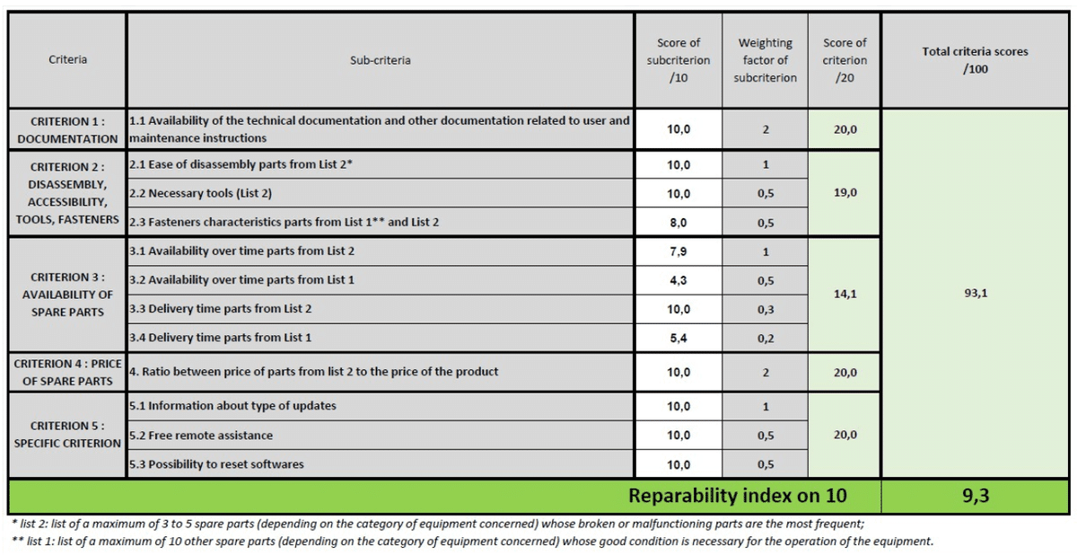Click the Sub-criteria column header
(x=381, y=60)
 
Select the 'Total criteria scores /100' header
(x=975, y=60)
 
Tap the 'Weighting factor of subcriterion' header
(x=765, y=60)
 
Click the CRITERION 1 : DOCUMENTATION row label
(x=67, y=130)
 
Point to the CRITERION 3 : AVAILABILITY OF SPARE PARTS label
(x=67, y=295)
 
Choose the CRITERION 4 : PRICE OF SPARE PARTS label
(x=67, y=373)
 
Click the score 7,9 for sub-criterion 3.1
(x=679, y=251)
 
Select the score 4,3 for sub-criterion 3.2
(x=679, y=280)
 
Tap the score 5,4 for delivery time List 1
(x=679, y=339)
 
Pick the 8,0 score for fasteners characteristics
(x=679, y=223)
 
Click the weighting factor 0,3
(x=766, y=309)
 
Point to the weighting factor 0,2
(x=766, y=339)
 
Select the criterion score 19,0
(x=845, y=192)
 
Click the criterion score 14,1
(x=845, y=294)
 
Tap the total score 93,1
(x=975, y=294)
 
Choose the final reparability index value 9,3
(x=975, y=496)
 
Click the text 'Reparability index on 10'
(x=737, y=496)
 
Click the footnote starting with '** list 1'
(x=471, y=542)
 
